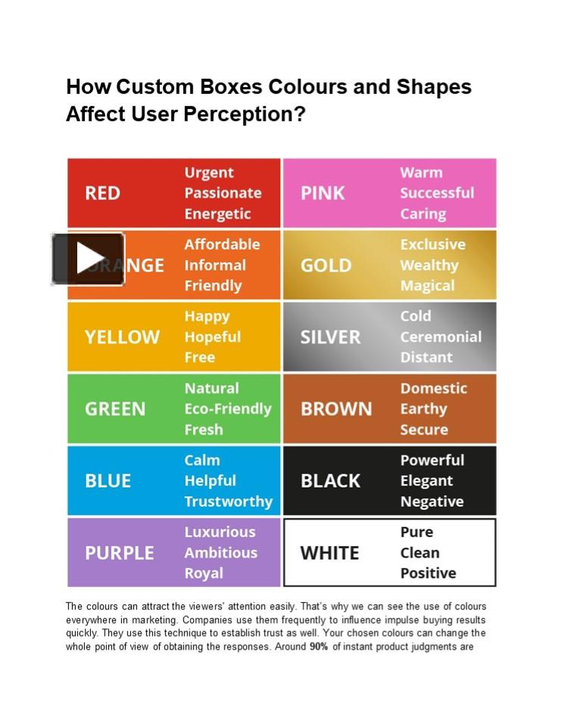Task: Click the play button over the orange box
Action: click(x=89, y=259)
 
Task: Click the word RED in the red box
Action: click(x=102, y=194)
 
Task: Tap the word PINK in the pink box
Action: click(x=323, y=194)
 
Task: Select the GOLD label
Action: click(x=326, y=265)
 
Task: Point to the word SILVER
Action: click(x=330, y=337)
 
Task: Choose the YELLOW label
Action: click(x=122, y=337)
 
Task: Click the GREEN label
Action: click(x=115, y=409)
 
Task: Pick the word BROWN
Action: click(x=336, y=409)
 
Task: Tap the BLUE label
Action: click(x=108, y=481)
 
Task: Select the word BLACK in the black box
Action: click(x=330, y=481)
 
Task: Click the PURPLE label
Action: click(x=119, y=553)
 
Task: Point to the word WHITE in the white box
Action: click(x=329, y=553)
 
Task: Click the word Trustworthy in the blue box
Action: click(x=228, y=501)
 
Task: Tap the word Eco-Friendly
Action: click(x=227, y=409)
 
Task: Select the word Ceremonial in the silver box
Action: click(x=441, y=337)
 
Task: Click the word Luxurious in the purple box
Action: click(x=220, y=532)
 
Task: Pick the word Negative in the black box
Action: click(x=432, y=501)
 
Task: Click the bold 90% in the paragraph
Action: click(x=319, y=647)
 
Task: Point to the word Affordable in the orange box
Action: click(x=222, y=245)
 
